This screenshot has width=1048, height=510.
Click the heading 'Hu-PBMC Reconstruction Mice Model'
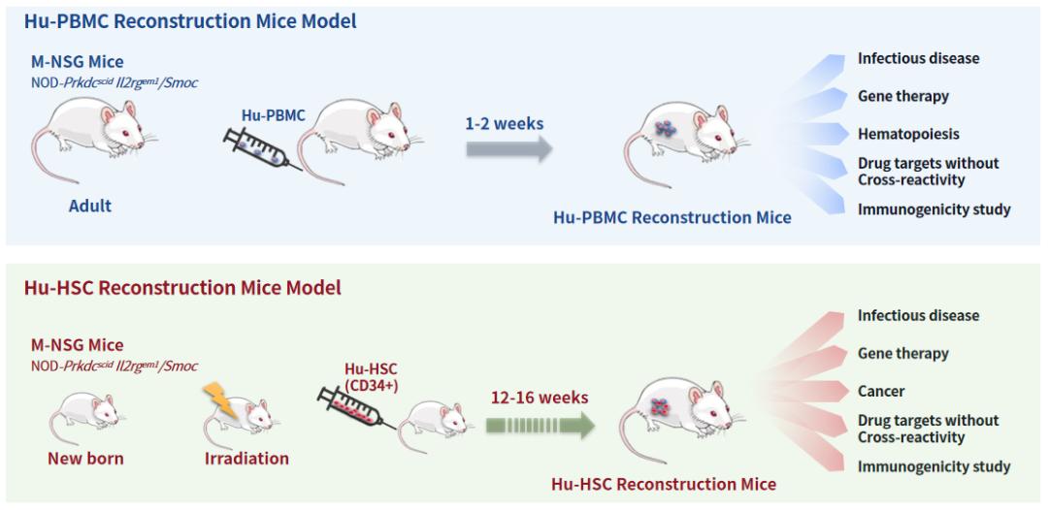pyautogui.click(x=190, y=20)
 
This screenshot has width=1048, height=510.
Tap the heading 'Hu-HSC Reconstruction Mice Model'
pyautogui.click(x=181, y=288)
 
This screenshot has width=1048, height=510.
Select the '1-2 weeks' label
pyautogui.click(x=504, y=124)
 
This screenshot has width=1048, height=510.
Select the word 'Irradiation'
pyautogui.click(x=246, y=458)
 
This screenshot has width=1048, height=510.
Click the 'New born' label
pyautogui.click(x=85, y=458)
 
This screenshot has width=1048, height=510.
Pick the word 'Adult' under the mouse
pyautogui.click(x=90, y=206)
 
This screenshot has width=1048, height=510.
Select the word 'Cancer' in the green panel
pyautogui.click(x=881, y=392)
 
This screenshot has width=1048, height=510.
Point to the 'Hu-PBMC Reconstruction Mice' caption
pyautogui.click(x=671, y=217)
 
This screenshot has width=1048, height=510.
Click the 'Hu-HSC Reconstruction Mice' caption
pyautogui.click(x=664, y=484)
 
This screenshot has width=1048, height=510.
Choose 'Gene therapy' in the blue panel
pyautogui.click(x=903, y=96)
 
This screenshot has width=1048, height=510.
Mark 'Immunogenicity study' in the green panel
pyautogui.click(x=933, y=466)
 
